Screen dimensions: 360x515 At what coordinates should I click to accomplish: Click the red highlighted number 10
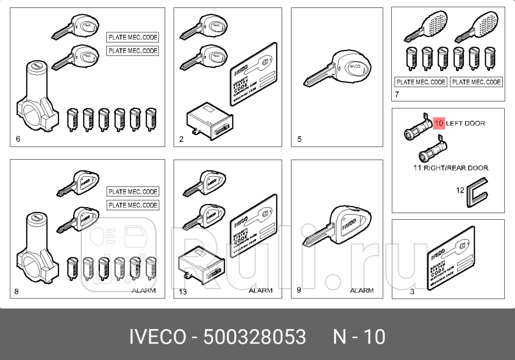coord(439,123)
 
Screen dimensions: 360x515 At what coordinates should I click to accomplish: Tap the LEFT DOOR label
coord(466,123)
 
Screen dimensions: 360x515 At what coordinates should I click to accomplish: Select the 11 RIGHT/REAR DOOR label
coord(450,168)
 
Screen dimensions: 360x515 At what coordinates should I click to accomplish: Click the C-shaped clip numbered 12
coord(475,191)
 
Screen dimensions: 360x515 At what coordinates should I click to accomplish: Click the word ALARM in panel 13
coord(260,290)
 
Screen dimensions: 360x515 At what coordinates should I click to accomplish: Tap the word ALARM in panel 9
coord(362,290)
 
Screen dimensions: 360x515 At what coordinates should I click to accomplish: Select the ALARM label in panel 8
coord(143,290)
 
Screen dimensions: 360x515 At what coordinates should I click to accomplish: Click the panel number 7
coord(397,96)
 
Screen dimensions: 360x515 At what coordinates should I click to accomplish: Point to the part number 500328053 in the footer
coord(254,337)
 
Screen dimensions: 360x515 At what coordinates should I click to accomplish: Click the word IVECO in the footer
coord(158,337)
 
